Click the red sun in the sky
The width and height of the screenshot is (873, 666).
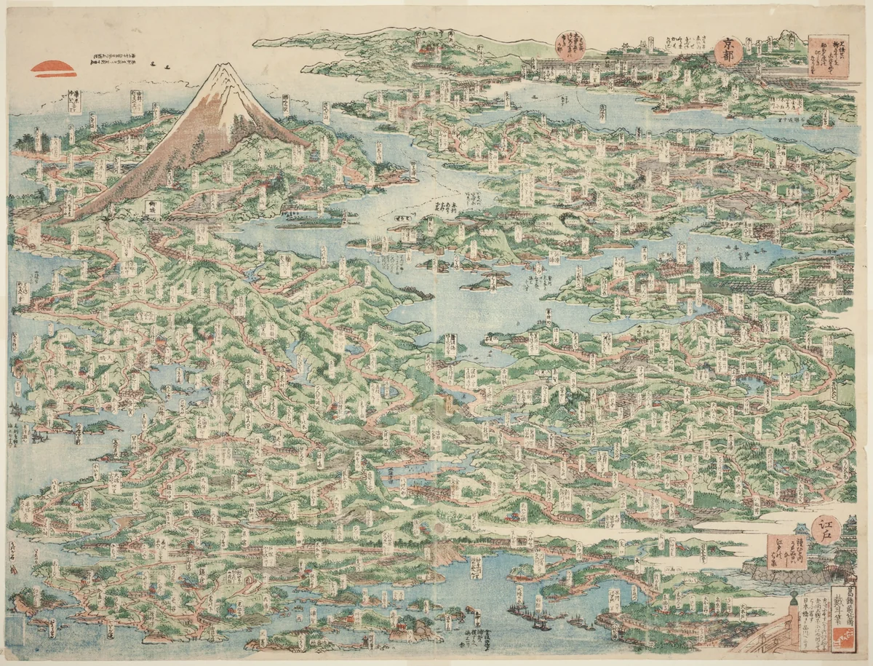[53, 68]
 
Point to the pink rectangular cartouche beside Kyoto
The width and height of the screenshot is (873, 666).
[828, 56]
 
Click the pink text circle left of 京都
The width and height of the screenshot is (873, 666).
[570, 47]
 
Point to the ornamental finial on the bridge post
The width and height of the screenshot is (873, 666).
[792, 599]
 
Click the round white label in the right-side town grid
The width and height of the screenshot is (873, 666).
[780, 285]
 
